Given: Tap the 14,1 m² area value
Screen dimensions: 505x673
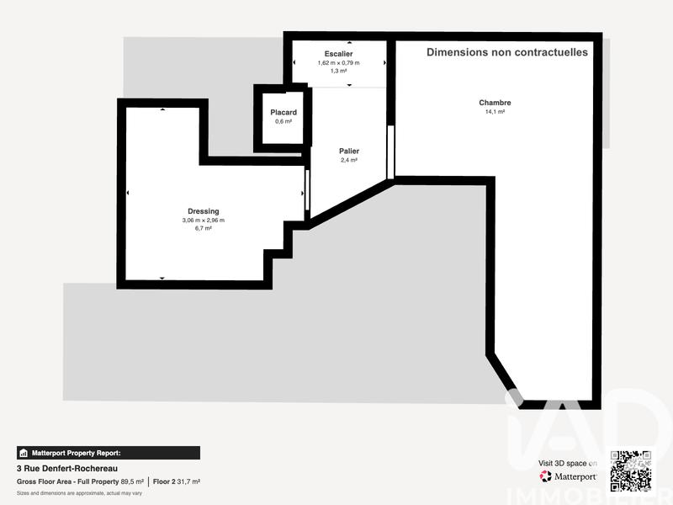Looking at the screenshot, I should coord(495,112).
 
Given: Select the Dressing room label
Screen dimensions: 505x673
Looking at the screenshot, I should coord(203,211).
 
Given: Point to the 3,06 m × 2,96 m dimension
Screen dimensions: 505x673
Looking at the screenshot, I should coord(203,221).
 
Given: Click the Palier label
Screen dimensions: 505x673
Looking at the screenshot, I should coord(348,151).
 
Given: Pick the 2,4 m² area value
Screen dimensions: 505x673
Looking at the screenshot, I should coord(348,161).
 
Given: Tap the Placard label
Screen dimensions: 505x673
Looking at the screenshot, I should coord(284,112).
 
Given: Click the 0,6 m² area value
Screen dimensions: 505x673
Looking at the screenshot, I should coord(284,121).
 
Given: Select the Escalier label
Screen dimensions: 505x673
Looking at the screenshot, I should coord(338,54).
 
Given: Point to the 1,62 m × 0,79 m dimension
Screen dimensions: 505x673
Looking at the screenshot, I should coord(338,63).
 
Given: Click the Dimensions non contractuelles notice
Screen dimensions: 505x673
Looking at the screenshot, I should coord(507,52).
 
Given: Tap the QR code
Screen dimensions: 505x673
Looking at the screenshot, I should coord(631,470).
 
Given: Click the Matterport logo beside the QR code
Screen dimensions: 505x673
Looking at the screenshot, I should coord(569,476).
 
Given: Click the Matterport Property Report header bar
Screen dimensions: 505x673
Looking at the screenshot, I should coord(109,452).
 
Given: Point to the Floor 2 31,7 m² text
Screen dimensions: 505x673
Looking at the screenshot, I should coord(176,481).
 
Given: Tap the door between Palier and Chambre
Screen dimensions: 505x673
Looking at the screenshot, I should coord(390,151).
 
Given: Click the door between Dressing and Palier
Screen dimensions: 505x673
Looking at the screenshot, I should coord(307,191).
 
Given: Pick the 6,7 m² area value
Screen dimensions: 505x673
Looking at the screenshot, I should coord(203,229).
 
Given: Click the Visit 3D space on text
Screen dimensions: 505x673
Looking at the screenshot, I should coord(568,464).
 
